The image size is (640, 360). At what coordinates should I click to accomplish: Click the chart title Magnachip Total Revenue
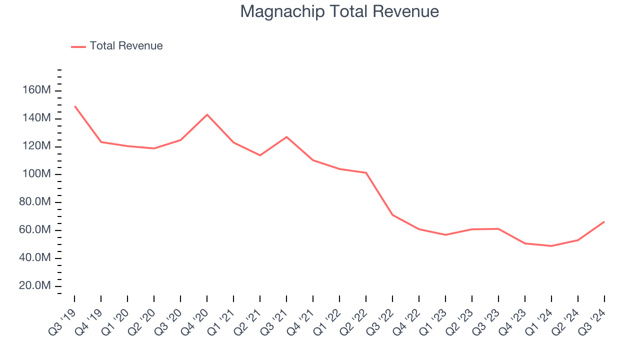pos(339,11)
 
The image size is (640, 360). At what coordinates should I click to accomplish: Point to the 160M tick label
pos(36,90)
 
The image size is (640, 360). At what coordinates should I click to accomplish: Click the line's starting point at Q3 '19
pos(74,106)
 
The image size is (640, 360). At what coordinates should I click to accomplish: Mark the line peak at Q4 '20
pos(207,114)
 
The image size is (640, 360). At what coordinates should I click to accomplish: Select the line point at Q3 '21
pos(286,136)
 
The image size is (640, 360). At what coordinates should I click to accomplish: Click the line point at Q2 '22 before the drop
pos(366,173)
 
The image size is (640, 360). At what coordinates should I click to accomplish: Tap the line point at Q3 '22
pos(392,215)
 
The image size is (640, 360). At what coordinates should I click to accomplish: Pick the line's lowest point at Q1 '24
pos(551,246)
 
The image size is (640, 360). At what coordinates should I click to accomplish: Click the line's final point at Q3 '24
pos(604,221)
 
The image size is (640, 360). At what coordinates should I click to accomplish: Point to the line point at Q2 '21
pos(260,155)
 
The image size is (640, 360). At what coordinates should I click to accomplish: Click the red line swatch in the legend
pos(78,46)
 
